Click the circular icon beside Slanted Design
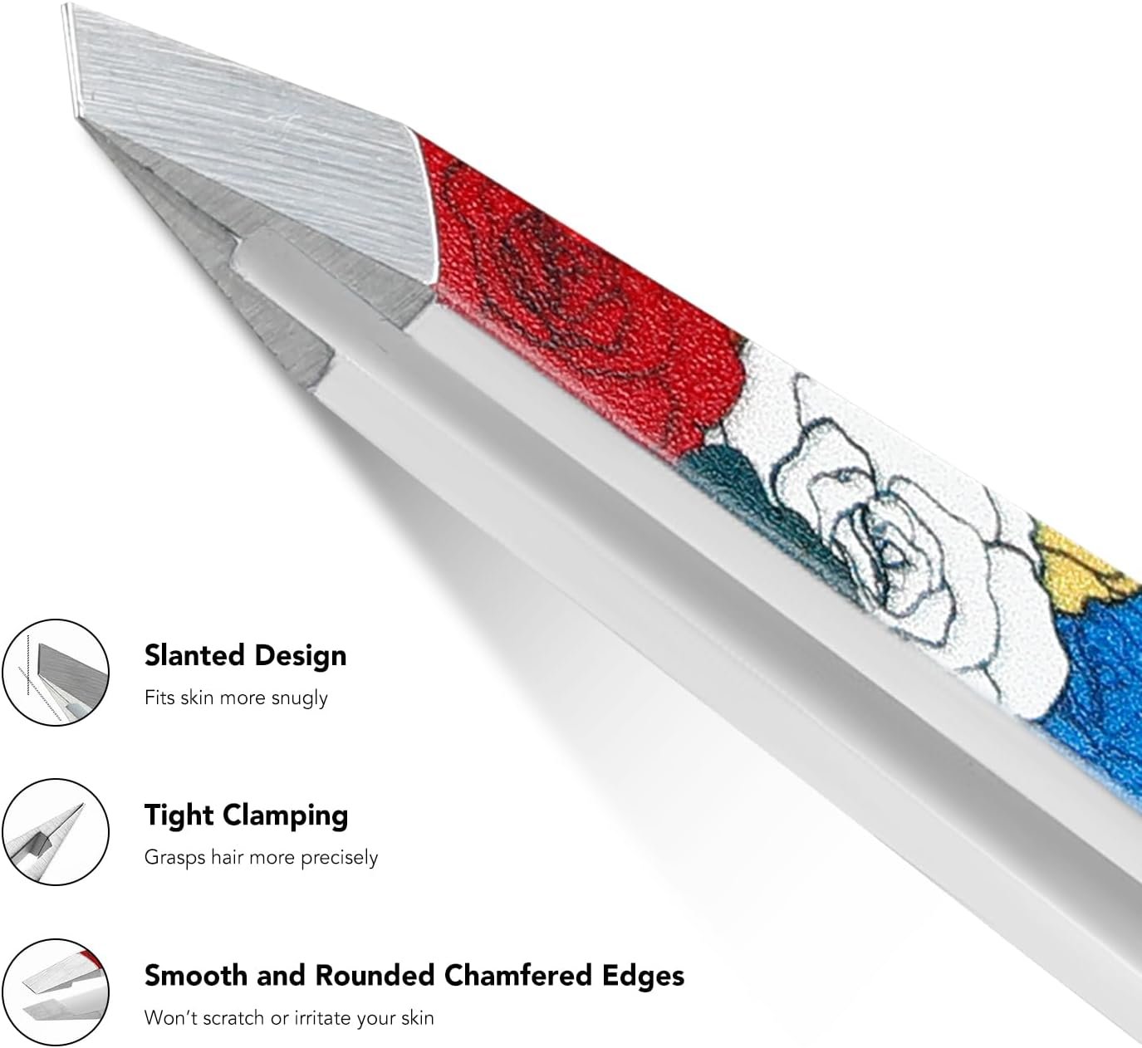coord(56,672)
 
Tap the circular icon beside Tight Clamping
coord(56,832)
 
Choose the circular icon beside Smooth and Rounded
coord(56,992)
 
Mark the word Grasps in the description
coord(174,857)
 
